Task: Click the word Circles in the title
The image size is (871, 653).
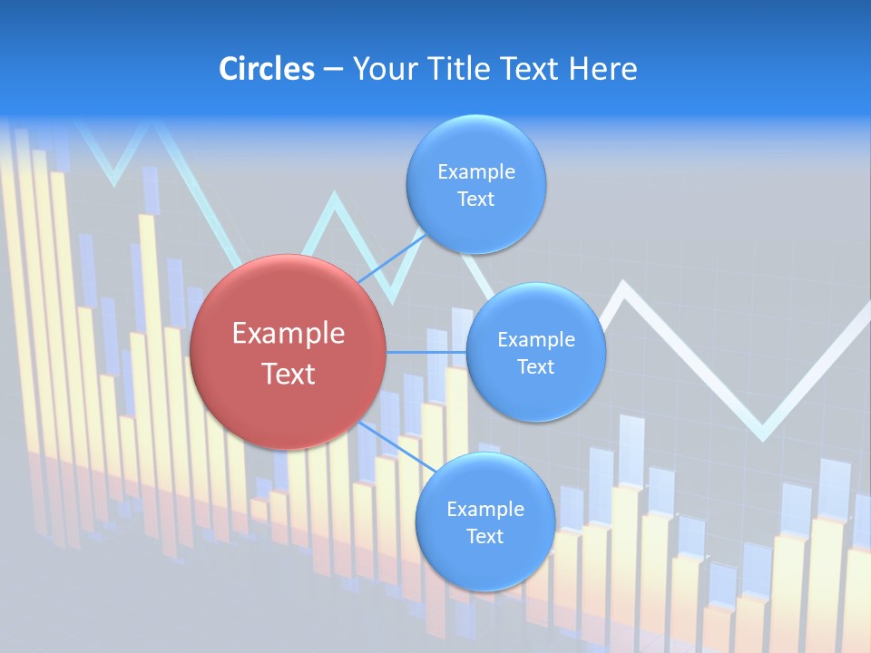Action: point(266,69)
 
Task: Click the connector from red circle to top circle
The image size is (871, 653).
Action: point(392,258)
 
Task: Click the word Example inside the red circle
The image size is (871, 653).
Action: point(288,334)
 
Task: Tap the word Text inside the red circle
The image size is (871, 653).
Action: point(288,374)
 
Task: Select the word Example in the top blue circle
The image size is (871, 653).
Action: point(475,171)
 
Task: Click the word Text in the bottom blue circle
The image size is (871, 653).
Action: point(484,536)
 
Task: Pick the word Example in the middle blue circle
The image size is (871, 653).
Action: point(535,339)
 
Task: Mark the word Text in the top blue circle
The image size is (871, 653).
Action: point(475,199)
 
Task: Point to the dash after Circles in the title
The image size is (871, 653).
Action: point(332,70)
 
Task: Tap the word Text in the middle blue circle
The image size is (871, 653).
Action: point(535,366)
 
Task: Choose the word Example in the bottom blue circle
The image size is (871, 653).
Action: point(484,509)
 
